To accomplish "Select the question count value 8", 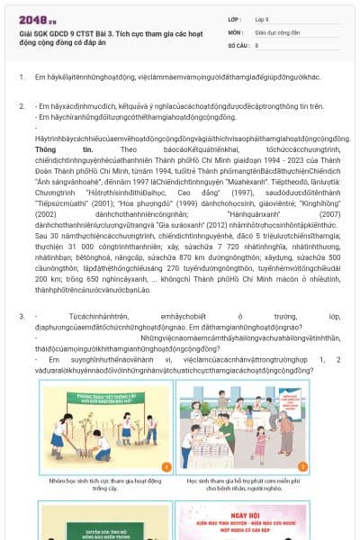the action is tap(257, 44).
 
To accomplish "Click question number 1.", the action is tap(22, 77).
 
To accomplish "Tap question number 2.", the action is tap(22, 106).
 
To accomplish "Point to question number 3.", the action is tap(22, 317).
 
